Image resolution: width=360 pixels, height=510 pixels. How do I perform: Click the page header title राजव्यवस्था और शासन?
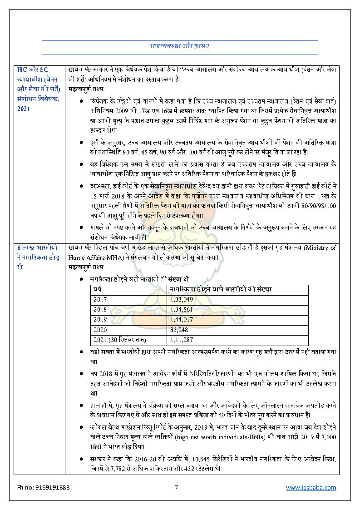(179, 46)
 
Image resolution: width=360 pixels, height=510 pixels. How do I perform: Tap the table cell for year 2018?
(100, 309)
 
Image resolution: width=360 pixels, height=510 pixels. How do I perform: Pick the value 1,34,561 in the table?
(182, 309)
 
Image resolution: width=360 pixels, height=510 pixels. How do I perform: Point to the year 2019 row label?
(100, 319)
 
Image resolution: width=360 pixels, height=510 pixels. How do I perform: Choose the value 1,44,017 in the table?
(182, 319)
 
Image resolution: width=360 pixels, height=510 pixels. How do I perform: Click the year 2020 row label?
(100, 330)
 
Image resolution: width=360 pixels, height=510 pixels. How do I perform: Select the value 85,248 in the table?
(180, 330)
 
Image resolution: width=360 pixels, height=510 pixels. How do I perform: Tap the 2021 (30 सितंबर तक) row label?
(120, 340)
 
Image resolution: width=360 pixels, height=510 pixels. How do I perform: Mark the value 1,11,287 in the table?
(182, 340)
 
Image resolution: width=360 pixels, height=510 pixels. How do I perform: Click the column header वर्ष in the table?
(98, 289)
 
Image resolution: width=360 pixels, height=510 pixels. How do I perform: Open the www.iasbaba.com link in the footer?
(311, 487)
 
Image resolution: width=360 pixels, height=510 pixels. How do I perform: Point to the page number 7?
(177, 487)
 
